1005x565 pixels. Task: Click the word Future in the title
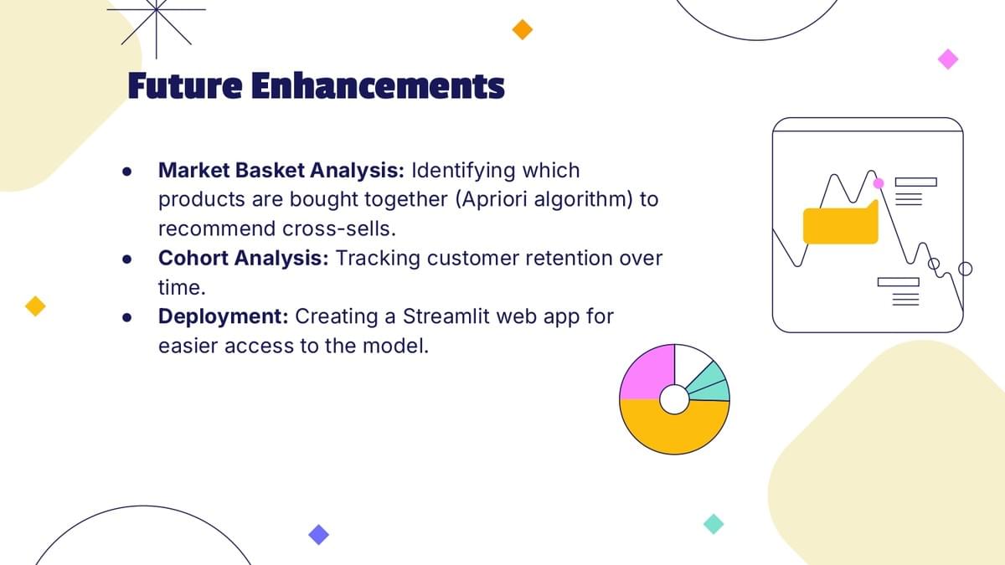click(x=185, y=85)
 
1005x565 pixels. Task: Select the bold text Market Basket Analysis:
click(x=281, y=171)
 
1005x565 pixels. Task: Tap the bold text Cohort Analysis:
click(x=244, y=259)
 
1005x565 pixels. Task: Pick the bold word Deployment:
click(x=224, y=317)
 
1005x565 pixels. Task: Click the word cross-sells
click(x=339, y=229)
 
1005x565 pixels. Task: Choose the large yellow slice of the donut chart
click(x=674, y=429)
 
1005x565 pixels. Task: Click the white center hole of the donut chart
click(x=674, y=399)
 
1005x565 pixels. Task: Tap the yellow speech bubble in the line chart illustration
click(x=840, y=225)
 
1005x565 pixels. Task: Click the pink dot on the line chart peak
click(x=879, y=183)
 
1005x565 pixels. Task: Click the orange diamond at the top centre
click(x=523, y=29)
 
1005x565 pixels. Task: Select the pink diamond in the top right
click(x=948, y=59)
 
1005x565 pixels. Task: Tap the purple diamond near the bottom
click(x=318, y=535)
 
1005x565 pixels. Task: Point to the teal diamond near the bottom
click(x=714, y=524)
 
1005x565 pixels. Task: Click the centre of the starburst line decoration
click(x=156, y=9)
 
